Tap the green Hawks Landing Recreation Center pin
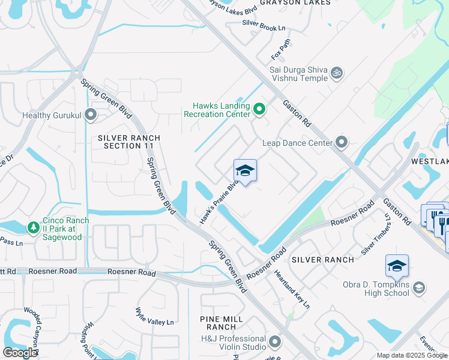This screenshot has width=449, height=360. [259, 109]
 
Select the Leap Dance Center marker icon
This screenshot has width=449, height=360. [342, 143]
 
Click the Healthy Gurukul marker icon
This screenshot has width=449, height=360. [91, 113]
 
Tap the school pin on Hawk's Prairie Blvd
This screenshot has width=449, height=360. [245, 172]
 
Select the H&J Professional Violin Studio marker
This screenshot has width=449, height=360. [275, 342]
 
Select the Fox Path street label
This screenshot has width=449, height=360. [280, 49]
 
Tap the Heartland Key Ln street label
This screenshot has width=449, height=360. [292, 289]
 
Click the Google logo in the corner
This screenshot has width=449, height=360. [20, 353]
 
